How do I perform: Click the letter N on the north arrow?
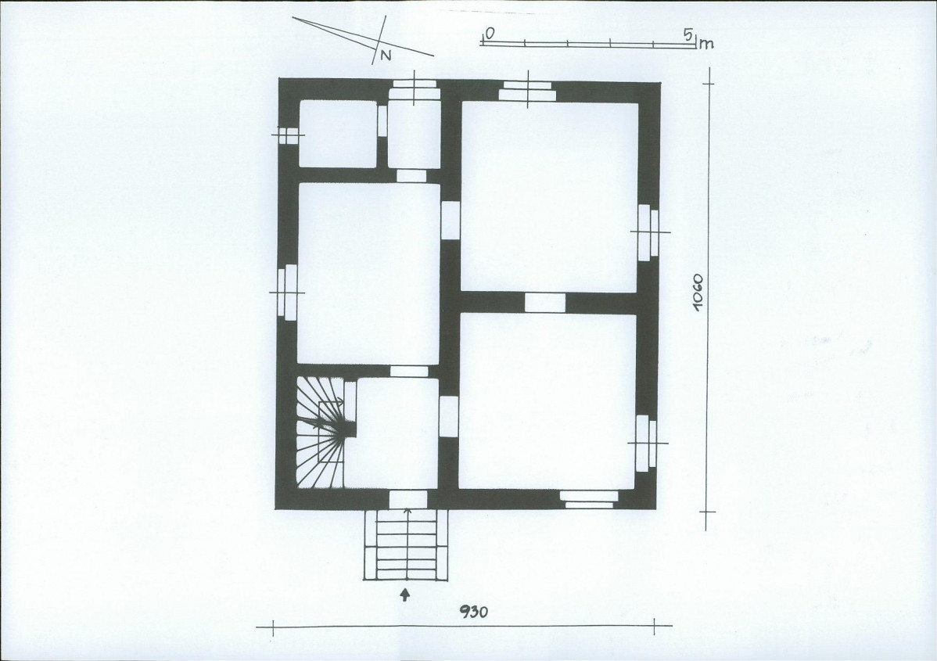point(386,55)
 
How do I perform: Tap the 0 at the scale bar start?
point(489,34)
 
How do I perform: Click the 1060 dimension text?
point(698,291)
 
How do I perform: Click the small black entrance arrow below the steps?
point(404,595)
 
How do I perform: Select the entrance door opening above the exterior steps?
point(407,498)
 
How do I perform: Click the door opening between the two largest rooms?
point(544,303)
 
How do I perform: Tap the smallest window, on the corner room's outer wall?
point(287,135)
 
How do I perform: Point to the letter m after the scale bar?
point(707,44)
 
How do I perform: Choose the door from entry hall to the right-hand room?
point(448,416)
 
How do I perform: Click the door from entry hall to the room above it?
point(409,372)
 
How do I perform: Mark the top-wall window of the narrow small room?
point(414,89)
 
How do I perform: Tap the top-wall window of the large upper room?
point(527,91)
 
